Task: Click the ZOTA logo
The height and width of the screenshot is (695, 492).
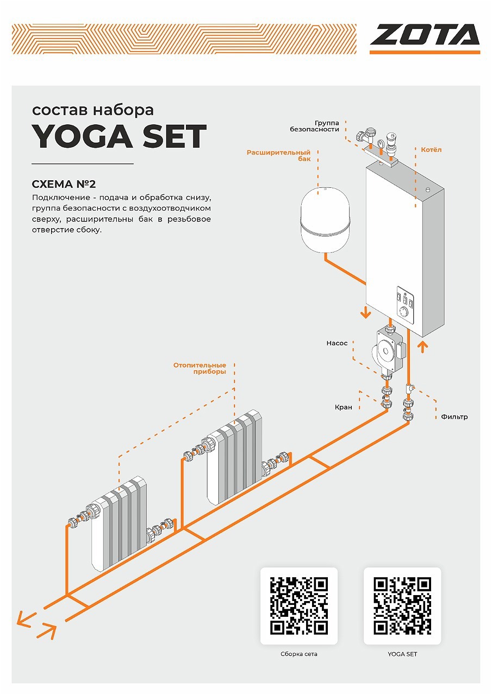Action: [x=425, y=39]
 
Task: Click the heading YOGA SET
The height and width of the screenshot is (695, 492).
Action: [x=119, y=136]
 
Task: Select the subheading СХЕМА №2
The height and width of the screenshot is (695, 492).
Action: [x=64, y=184]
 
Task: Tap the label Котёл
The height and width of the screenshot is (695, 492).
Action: [x=431, y=149]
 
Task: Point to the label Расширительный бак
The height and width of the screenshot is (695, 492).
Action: [x=278, y=155]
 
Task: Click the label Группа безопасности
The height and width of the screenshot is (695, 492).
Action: [x=314, y=126]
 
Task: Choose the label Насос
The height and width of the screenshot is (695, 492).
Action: [x=337, y=343]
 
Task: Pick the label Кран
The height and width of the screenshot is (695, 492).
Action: [x=343, y=407]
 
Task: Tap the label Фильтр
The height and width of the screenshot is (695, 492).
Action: [x=454, y=416]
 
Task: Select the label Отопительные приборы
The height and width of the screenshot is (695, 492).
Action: [x=200, y=368]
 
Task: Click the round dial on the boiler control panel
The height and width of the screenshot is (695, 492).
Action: [x=404, y=311]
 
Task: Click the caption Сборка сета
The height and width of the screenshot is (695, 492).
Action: [x=299, y=654]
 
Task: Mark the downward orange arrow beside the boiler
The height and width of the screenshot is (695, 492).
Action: [x=365, y=312]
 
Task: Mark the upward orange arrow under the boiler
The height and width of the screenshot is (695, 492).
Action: [x=422, y=347]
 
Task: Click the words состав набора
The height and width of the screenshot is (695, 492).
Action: [x=93, y=110]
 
